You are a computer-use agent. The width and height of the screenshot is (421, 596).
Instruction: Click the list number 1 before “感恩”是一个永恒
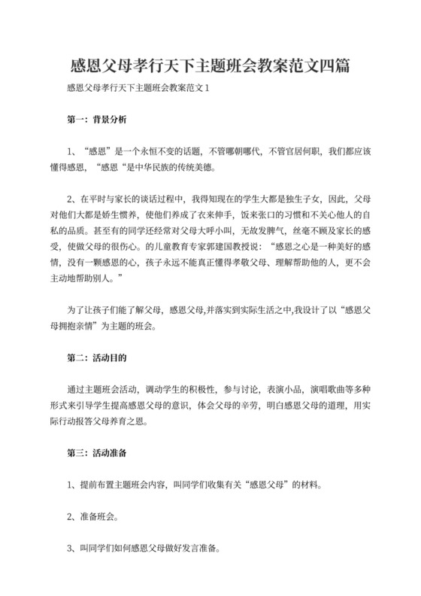tap(70, 151)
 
